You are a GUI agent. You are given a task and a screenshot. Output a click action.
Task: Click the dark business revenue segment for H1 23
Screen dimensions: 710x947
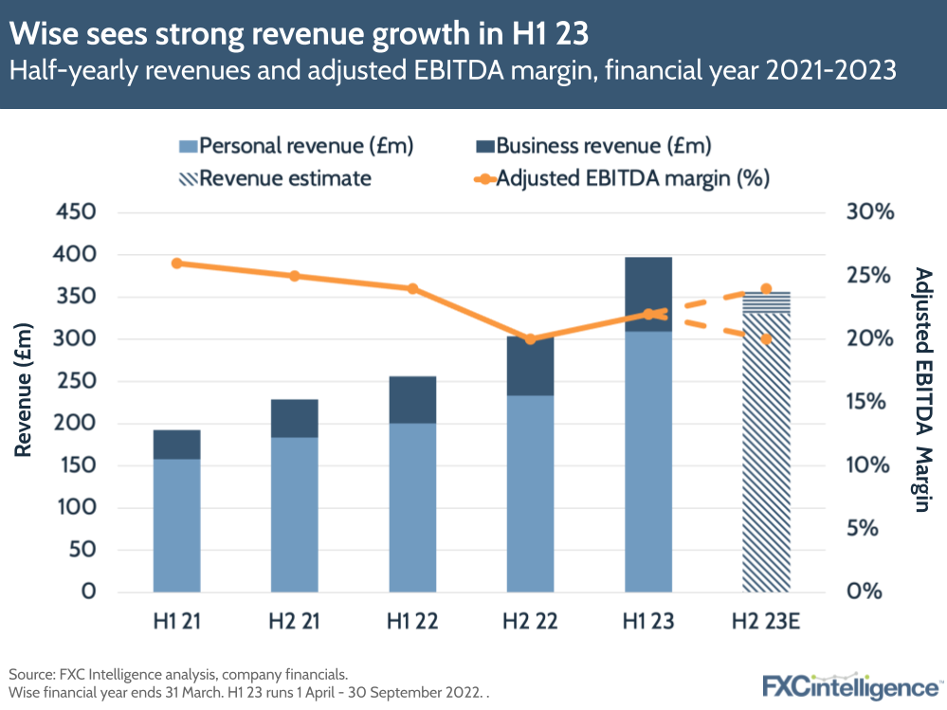point(648,294)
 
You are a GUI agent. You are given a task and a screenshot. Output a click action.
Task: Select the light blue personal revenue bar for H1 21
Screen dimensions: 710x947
point(176,525)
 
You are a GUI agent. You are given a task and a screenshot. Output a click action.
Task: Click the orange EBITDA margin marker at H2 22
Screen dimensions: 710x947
point(530,339)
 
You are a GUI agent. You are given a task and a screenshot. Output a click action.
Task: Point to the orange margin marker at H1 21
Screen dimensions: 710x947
point(176,264)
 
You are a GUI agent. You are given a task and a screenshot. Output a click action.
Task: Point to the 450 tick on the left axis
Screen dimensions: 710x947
point(76,212)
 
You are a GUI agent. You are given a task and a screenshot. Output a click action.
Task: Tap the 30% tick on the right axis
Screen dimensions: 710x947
point(869,212)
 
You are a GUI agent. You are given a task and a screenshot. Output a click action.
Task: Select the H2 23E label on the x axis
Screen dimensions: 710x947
point(766,622)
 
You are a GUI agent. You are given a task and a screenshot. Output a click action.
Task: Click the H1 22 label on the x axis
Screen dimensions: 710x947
point(412,622)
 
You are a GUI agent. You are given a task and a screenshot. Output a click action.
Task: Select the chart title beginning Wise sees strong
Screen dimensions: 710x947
point(299,34)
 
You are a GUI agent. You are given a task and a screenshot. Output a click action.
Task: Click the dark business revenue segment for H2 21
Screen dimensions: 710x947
point(294,418)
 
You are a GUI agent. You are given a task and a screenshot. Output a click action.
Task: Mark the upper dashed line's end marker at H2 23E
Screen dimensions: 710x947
point(766,289)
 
